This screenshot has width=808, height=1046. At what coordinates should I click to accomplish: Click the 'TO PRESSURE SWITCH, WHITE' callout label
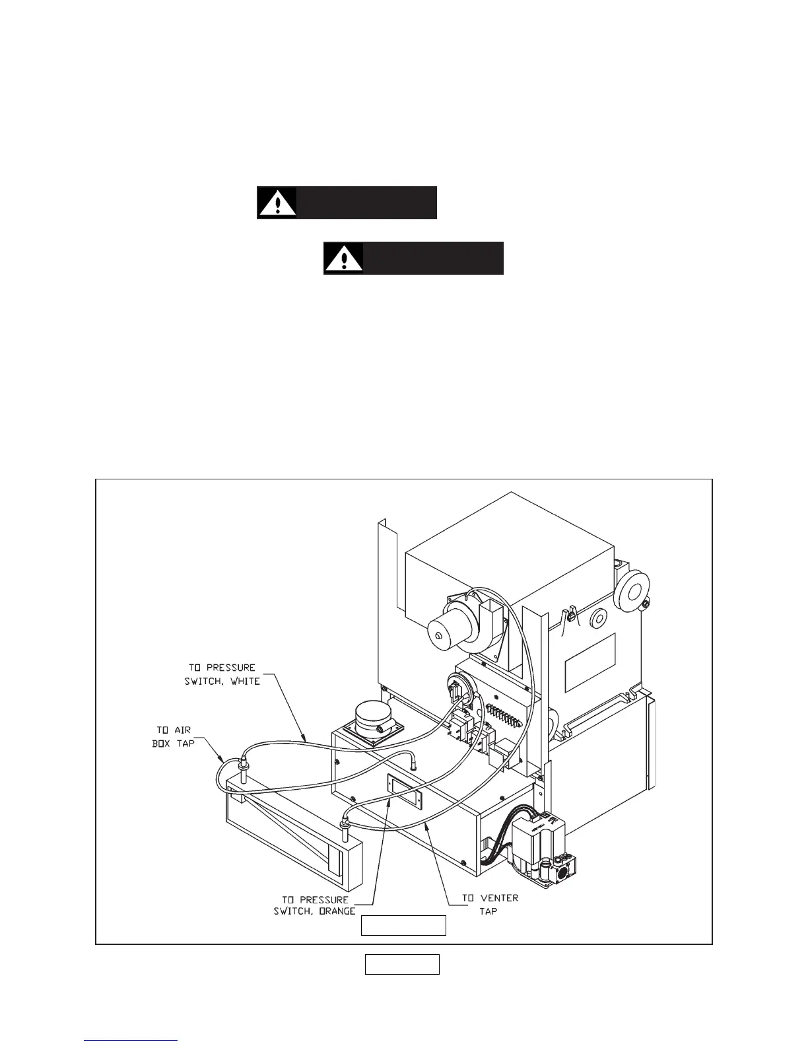222,674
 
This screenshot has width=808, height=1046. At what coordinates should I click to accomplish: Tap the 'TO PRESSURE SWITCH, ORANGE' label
315,905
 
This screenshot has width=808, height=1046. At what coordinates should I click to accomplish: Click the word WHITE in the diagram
244,681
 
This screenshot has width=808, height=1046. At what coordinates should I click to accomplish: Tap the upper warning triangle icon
277,203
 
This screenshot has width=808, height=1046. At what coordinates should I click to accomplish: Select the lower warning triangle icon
343,258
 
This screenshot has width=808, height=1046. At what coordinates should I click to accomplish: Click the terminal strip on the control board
508,714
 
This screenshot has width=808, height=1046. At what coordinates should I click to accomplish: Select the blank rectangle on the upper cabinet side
591,662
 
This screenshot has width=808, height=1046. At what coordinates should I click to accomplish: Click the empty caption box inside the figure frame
403,926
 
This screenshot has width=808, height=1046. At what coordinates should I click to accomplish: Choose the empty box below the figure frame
402,964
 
